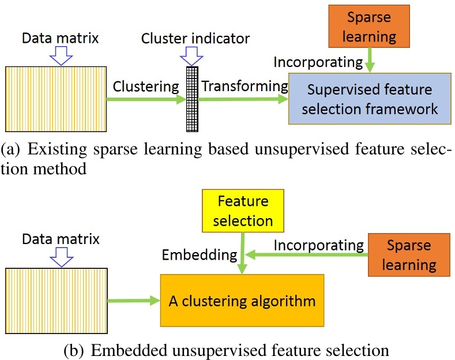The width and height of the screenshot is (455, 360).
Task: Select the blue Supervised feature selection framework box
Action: tap(370, 98)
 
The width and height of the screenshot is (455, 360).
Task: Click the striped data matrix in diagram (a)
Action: tap(56, 100)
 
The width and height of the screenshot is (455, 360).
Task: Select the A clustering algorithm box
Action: tap(242, 300)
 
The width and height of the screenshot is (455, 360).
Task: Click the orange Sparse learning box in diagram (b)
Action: tap(409, 254)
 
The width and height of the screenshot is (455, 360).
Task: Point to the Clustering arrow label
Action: tap(146, 87)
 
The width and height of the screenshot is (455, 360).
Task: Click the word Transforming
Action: tap(245, 87)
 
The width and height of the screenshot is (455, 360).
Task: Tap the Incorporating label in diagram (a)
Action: tap(318, 61)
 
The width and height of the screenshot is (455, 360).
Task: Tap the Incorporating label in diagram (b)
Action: tap(319, 245)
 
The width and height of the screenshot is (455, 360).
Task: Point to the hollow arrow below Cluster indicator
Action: tap(191, 55)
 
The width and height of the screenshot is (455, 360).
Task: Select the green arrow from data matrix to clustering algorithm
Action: tap(134, 299)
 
